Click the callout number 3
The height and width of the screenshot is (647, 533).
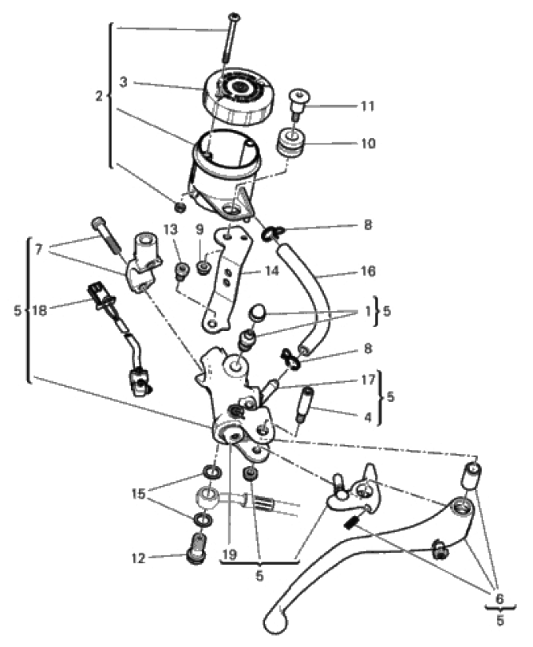[124, 82]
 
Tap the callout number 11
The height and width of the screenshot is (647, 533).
[368, 106]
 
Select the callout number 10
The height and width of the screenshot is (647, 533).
[368, 143]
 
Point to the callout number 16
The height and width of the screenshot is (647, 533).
[368, 271]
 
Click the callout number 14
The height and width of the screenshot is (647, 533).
[271, 270]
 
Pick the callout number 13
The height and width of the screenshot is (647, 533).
[171, 230]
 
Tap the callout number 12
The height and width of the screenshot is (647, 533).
[139, 558]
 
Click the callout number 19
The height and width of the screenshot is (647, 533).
[229, 554]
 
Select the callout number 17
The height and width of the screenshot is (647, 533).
[368, 380]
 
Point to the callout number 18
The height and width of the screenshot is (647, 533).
[40, 310]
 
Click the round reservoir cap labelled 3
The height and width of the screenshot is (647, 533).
[238, 97]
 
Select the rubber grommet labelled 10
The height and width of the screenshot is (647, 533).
[290, 142]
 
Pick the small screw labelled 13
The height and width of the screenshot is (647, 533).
[182, 272]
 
